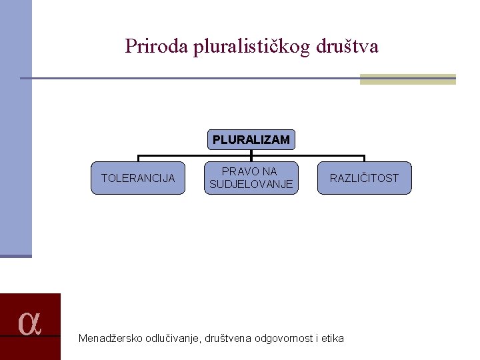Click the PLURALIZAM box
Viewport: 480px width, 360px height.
251,140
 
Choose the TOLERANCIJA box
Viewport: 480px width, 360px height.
138,178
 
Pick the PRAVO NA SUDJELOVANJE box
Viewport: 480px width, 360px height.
251,178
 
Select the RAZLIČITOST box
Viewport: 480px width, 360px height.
364,178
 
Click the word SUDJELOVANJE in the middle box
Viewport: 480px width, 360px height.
251,185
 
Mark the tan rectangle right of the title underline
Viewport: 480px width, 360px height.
407,79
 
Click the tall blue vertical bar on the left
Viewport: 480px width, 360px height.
15,127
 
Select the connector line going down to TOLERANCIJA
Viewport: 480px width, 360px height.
138,159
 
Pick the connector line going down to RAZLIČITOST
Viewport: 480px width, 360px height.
364,159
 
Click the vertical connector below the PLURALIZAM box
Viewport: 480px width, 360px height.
251,153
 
